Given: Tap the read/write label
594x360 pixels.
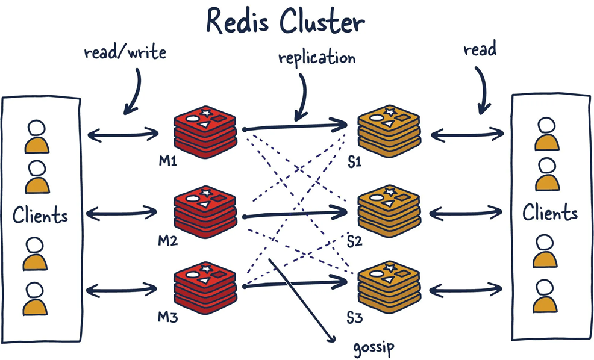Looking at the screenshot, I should (x=125, y=52).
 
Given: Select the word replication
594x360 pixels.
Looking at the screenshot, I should (x=317, y=58).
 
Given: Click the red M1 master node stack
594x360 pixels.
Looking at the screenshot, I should (x=204, y=129).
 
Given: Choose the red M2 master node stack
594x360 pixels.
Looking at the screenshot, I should (x=204, y=213).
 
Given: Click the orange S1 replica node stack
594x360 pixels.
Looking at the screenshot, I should (x=389, y=129).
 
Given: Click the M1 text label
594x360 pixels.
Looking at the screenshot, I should (x=167, y=161).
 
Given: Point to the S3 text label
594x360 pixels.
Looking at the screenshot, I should (x=354, y=314).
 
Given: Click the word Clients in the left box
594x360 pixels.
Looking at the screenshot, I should (x=40, y=214).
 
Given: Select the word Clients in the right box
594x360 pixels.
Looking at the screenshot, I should (x=550, y=212).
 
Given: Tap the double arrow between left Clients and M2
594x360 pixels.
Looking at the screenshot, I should (x=122, y=212).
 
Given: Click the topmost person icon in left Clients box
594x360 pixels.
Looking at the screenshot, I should (x=36, y=137).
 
